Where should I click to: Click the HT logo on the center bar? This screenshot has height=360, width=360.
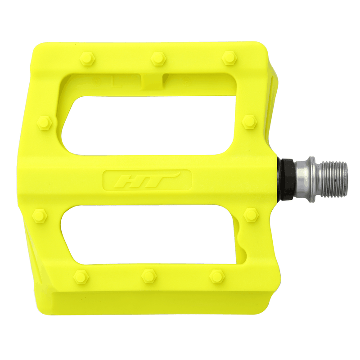pos(147,181)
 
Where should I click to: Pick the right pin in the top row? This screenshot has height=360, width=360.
pos(229,58)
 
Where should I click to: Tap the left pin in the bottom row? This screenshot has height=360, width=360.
pos(81,276)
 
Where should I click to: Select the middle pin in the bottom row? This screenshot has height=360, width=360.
pos(148,275)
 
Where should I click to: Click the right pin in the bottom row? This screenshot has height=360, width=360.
pos(217,275)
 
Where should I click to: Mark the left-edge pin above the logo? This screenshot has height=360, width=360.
pos(45,121)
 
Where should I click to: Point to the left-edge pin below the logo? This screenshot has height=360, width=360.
pos(40,216)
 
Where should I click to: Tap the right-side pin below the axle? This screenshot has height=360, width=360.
pos(251,215)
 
